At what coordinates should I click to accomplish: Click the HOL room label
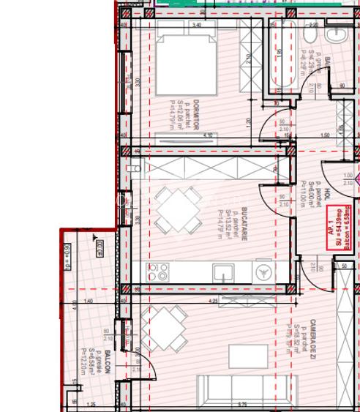329,195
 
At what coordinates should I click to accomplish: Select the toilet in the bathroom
310,34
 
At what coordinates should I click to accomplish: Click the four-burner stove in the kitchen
159,273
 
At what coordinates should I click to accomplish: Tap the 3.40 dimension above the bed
196,26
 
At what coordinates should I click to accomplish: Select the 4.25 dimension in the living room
213,301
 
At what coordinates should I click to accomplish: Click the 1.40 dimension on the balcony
89,301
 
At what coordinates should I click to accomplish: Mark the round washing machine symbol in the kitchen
262,272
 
